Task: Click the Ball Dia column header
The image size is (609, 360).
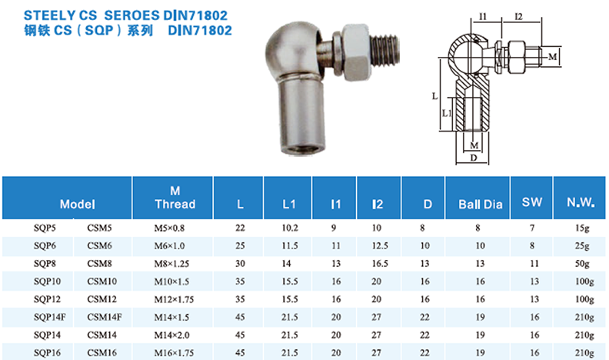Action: coord(481,205)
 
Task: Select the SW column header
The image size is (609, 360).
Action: coord(532,202)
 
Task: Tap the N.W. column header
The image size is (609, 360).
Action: coord(581,202)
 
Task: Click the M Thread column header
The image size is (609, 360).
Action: coord(175,198)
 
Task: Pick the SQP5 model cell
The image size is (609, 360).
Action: coord(45,228)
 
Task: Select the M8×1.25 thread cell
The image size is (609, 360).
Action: coord(171,264)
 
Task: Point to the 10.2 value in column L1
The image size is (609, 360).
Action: coord(290,228)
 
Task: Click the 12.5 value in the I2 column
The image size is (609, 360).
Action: coord(380,246)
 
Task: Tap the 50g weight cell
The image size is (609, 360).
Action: coord(582,264)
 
